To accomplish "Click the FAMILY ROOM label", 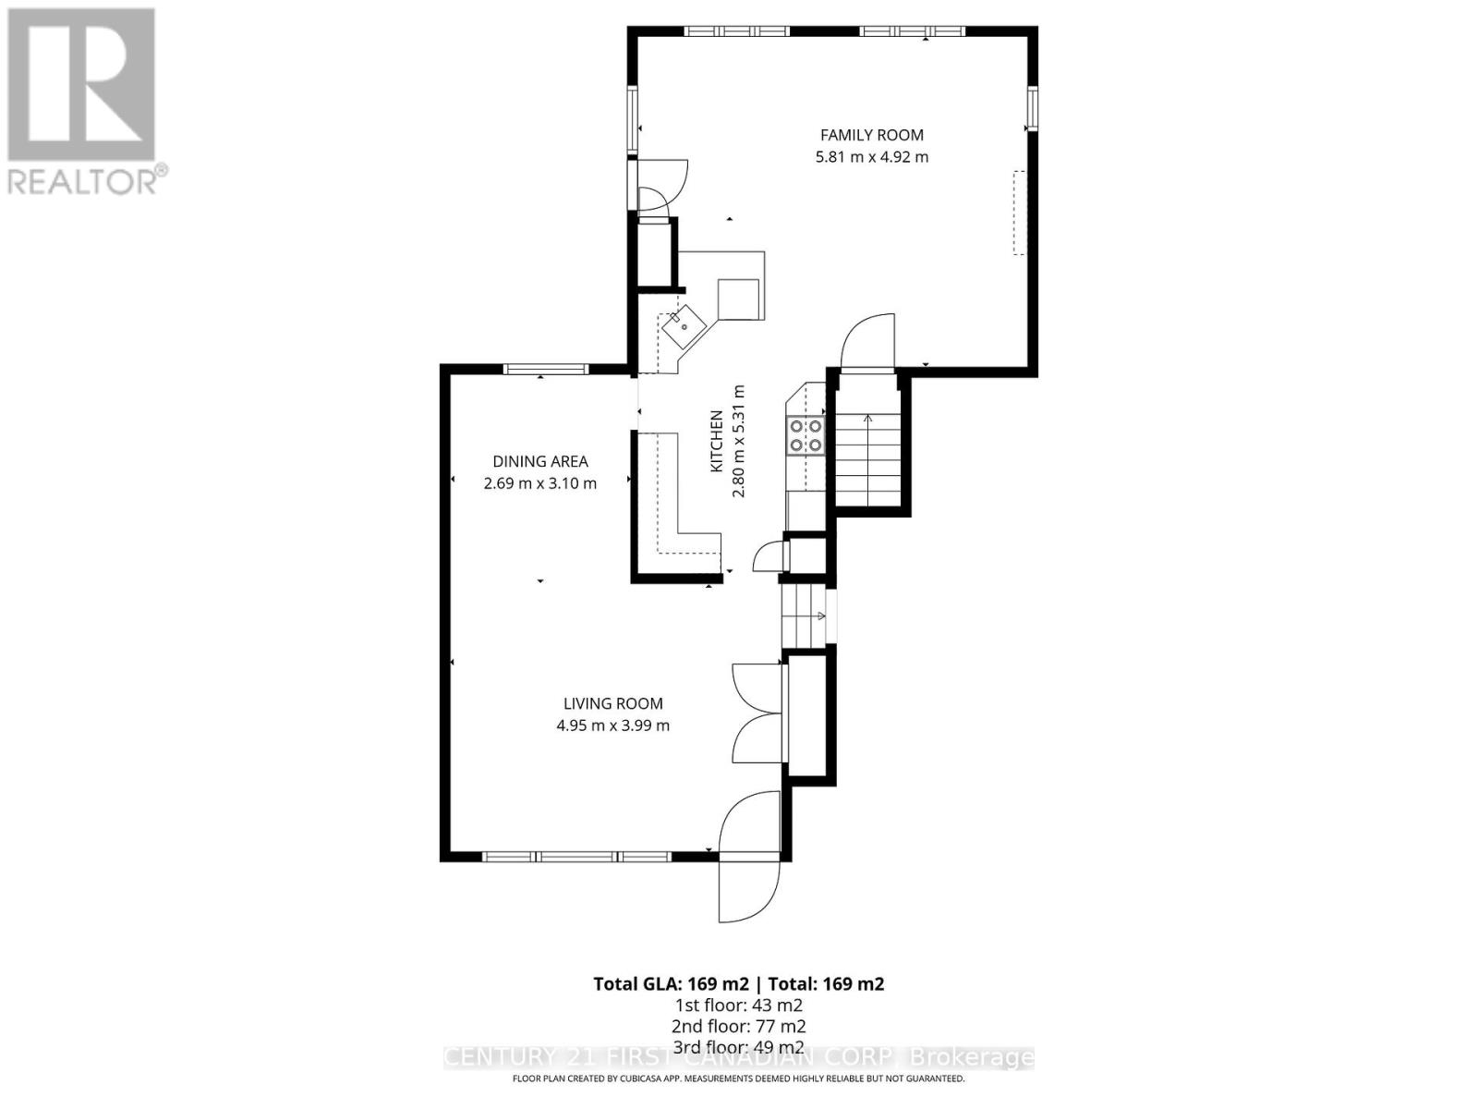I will pyautogui.click(x=871, y=135).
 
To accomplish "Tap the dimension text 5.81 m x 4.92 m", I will pyautogui.click(x=871, y=157).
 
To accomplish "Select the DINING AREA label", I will pyautogui.click(x=539, y=461).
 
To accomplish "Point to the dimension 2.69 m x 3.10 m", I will pyautogui.click(x=539, y=483).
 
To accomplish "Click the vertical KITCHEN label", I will pyautogui.click(x=716, y=442).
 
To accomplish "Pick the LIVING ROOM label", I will pyautogui.click(x=612, y=703).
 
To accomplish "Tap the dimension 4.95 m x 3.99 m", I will pyautogui.click(x=612, y=725).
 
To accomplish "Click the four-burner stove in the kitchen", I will pyautogui.click(x=805, y=435).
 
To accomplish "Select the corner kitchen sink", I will pyautogui.click(x=682, y=325).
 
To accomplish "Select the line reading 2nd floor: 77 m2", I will pyautogui.click(x=738, y=1026).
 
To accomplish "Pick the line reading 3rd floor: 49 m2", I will pyautogui.click(x=738, y=1047).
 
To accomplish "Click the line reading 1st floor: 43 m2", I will pyautogui.click(x=738, y=1005).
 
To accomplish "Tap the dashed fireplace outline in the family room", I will pyautogui.click(x=1020, y=213).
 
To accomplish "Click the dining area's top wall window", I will pyautogui.click(x=545, y=369).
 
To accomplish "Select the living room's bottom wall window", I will pyautogui.click(x=577, y=857).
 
